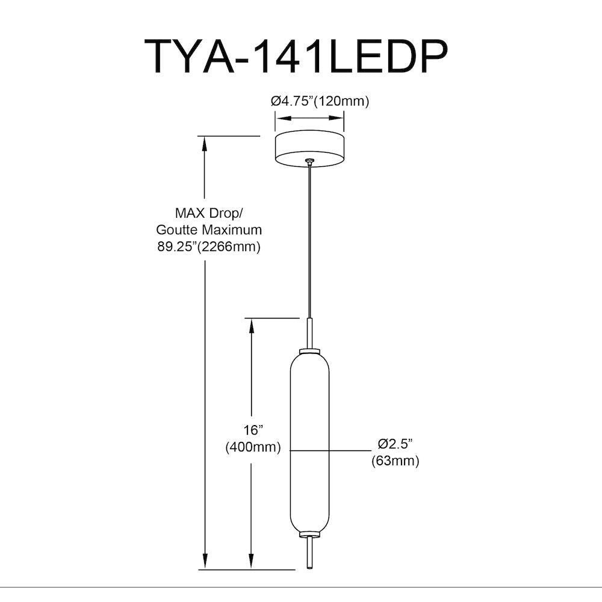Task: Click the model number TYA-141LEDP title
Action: pyautogui.click(x=296, y=56)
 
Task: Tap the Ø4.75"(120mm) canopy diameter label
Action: pyautogui.click(x=320, y=101)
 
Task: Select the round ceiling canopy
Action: pyautogui.click(x=309, y=149)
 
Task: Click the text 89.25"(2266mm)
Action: pyautogui.click(x=209, y=246)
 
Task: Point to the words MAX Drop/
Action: pyautogui.click(x=209, y=213)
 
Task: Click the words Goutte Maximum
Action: pyautogui.click(x=209, y=229)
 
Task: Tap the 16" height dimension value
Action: pyautogui.click(x=253, y=430)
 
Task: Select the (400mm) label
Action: pyautogui.click(x=253, y=447)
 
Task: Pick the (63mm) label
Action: pyautogui.click(x=395, y=461)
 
